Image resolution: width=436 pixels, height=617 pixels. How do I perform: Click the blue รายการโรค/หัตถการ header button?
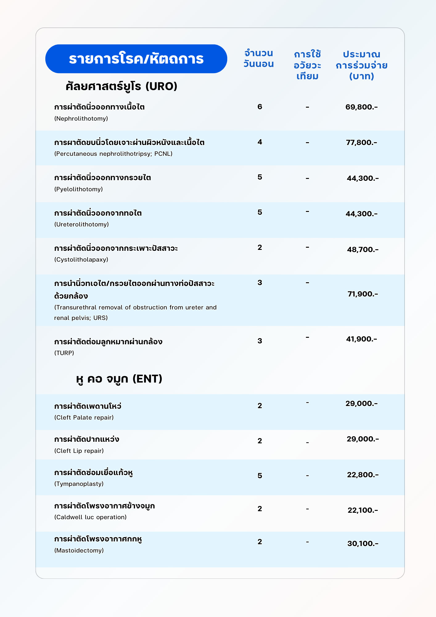[x=136, y=59]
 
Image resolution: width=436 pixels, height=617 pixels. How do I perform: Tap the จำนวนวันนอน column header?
[x=258, y=59]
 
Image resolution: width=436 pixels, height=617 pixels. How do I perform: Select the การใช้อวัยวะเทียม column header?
[x=307, y=65]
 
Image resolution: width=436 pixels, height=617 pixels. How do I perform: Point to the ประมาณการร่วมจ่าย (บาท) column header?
[x=361, y=65]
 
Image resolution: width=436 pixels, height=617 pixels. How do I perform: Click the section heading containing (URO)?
[x=121, y=86]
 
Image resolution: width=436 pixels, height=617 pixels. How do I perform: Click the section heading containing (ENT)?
[x=119, y=379]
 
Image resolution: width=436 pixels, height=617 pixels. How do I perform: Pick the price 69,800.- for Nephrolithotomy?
[x=361, y=107]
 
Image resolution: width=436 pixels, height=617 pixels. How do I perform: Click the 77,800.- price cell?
[x=361, y=143]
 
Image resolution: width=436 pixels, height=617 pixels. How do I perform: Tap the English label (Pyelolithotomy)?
[x=78, y=189]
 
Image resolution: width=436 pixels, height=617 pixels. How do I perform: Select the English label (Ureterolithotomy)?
[x=81, y=224]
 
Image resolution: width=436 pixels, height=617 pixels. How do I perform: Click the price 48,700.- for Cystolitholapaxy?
[x=363, y=250]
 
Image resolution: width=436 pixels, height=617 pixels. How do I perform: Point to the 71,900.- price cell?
[x=363, y=294]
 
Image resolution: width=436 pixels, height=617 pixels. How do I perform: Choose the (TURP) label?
[x=64, y=353]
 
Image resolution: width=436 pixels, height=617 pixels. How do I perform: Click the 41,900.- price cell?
[x=361, y=339]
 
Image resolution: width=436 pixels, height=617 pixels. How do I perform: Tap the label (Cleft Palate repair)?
[x=84, y=417]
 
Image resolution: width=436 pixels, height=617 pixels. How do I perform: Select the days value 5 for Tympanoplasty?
[x=260, y=476]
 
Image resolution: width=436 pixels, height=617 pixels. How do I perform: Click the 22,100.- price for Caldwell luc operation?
[x=363, y=510]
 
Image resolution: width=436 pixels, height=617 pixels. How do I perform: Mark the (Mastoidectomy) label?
[x=79, y=550]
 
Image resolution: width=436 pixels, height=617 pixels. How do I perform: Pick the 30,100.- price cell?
[x=363, y=544]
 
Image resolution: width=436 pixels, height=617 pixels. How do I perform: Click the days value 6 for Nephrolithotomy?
[x=260, y=107]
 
